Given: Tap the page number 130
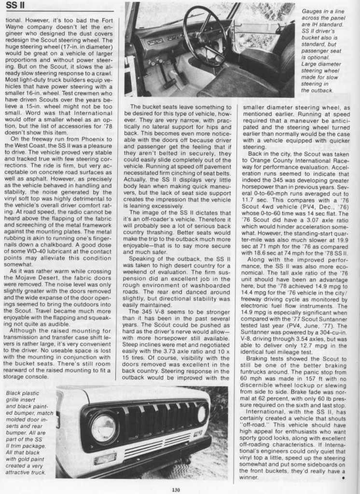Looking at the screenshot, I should [x=176, y=490].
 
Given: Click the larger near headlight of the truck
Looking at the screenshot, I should [x=103, y=428].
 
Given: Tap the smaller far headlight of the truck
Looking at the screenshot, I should [x=202, y=413].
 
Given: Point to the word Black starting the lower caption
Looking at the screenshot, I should [x=15, y=393].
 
